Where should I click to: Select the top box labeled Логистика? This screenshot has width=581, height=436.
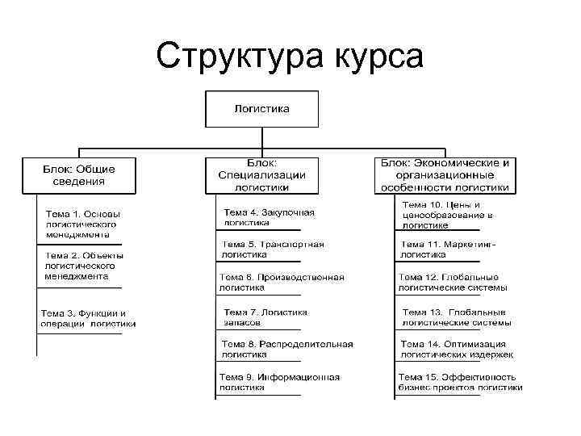[x=261, y=109]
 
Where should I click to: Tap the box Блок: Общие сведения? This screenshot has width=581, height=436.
[x=79, y=175]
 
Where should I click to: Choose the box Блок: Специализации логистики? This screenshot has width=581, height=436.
[x=261, y=174]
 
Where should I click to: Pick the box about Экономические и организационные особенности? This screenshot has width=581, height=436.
[x=445, y=174]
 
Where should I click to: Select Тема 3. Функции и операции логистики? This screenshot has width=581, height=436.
[x=88, y=318]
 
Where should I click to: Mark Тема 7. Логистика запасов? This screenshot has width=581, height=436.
[x=265, y=317]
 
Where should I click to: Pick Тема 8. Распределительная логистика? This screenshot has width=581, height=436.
[x=287, y=349]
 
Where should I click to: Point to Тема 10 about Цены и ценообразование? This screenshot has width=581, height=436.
[x=447, y=215]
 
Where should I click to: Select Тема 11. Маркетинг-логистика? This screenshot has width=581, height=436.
[x=448, y=249]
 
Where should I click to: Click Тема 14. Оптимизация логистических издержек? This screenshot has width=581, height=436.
[x=457, y=349]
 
